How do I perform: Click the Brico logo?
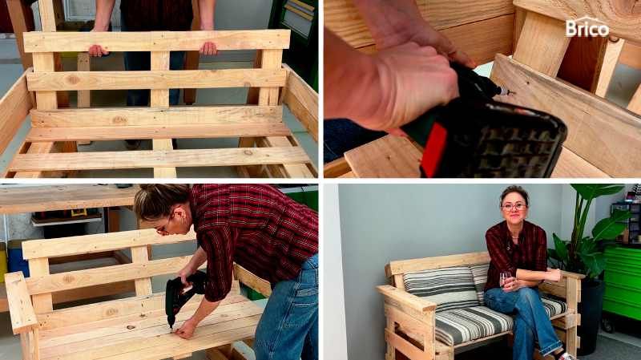587,27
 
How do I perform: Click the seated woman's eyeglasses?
514,206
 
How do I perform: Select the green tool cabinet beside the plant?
623,282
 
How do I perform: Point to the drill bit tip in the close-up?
511,93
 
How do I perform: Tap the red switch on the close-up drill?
433,149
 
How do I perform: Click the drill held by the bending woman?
184,295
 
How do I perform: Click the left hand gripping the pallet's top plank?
99,51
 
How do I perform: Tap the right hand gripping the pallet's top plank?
208,49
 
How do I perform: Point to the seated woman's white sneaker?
567,356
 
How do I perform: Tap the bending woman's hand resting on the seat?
186,329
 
